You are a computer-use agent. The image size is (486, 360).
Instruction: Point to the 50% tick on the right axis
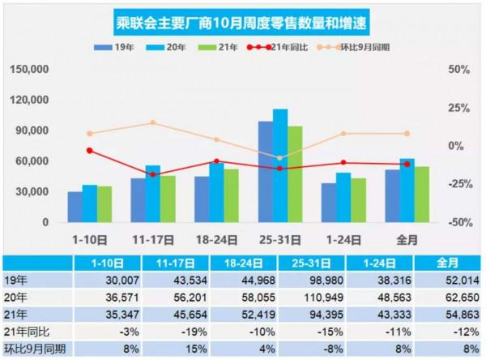[459, 70]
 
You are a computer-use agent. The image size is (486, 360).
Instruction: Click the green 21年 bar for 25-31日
[295, 174]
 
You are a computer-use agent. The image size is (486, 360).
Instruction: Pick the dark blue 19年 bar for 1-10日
[75, 208]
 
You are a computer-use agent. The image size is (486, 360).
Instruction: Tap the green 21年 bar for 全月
[422, 195]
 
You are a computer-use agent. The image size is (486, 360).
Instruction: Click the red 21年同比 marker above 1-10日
[89, 150]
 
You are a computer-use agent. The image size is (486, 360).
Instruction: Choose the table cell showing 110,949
[310, 294]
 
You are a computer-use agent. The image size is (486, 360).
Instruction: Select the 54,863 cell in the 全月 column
[446, 311]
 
